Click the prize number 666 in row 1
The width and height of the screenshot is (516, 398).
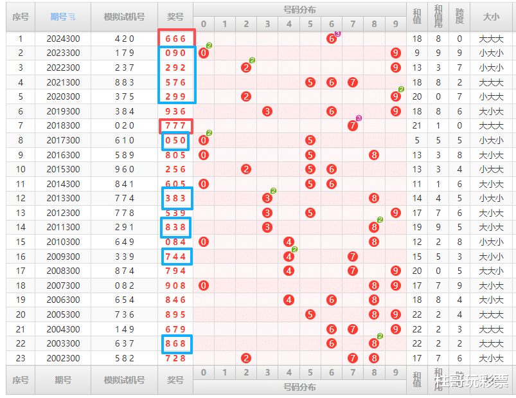click(175, 39)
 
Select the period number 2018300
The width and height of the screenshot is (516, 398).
click(63, 125)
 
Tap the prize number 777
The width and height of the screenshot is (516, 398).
click(175, 125)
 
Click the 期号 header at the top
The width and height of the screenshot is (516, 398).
click(63, 17)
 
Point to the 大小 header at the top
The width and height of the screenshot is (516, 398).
click(491, 17)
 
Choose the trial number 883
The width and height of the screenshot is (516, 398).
click(124, 82)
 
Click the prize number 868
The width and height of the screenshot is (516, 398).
click(175, 343)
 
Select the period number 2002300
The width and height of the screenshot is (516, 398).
click(63, 358)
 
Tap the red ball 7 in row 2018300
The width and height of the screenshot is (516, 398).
click(353, 126)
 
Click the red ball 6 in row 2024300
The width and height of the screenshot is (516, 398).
click(332, 39)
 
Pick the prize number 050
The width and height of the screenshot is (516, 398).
click(175, 140)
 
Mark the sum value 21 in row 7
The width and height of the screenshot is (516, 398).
click(417, 125)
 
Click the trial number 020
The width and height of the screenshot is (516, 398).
click(124, 125)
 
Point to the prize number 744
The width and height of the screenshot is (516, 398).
click(175, 257)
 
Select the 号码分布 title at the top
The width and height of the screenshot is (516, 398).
click(299, 10)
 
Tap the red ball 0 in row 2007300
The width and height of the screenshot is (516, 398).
click(204, 285)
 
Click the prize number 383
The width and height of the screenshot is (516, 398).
click(175, 198)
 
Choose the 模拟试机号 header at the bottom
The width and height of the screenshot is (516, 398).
click(124, 380)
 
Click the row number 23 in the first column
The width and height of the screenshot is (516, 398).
click(21, 358)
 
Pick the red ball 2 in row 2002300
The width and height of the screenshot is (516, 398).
click(246, 358)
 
